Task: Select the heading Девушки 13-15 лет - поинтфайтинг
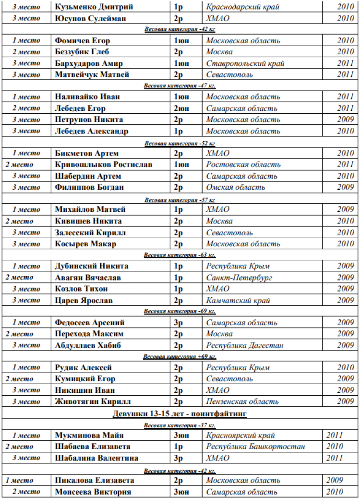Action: pyautogui.click(x=180, y=413)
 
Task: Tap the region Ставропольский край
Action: pyautogui.click(x=245, y=63)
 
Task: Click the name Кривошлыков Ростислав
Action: pyautogui.click(x=103, y=165)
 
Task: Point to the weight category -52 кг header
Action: pyautogui.click(x=180, y=143)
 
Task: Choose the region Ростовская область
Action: pyautogui.click(x=243, y=165)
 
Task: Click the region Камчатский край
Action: pyautogui.click(x=238, y=301)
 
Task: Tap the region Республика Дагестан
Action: pyautogui.click(x=245, y=345)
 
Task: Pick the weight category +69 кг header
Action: pyautogui.click(x=180, y=357)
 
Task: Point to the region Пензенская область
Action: pyautogui.click(x=242, y=401)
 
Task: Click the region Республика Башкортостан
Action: pyautogui.click(x=255, y=447)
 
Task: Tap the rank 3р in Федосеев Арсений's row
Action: pyautogui.click(x=178, y=323)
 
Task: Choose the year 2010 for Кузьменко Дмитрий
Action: pyautogui.click(x=345, y=7)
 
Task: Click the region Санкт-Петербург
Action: pyautogui.click(x=239, y=278)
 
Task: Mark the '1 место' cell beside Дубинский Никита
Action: pyautogui.click(x=26, y=267)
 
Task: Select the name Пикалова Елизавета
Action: pyautogui.click(x=94, y=480)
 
